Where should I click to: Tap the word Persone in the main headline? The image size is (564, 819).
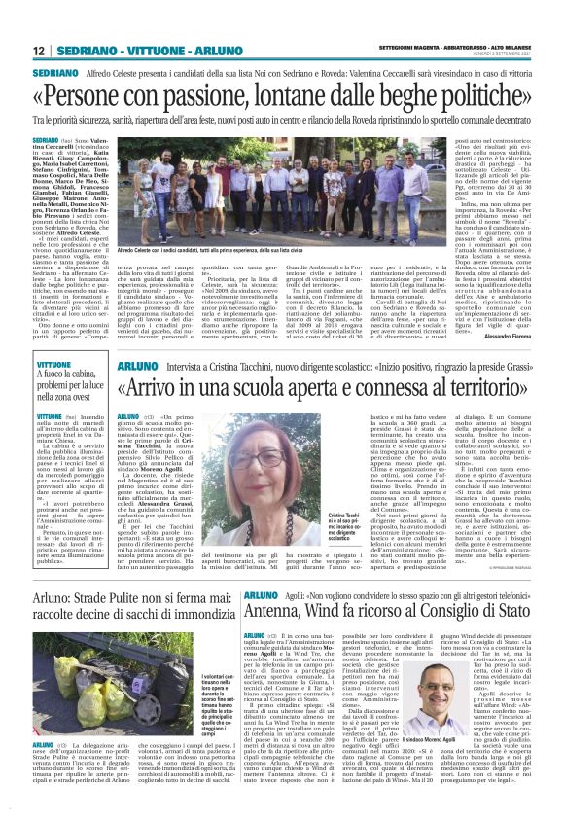(x=101, y=96)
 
